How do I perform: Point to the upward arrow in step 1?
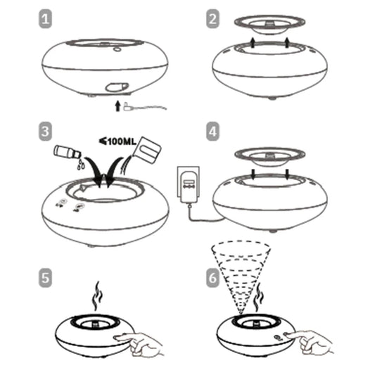tap(117, 106)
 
